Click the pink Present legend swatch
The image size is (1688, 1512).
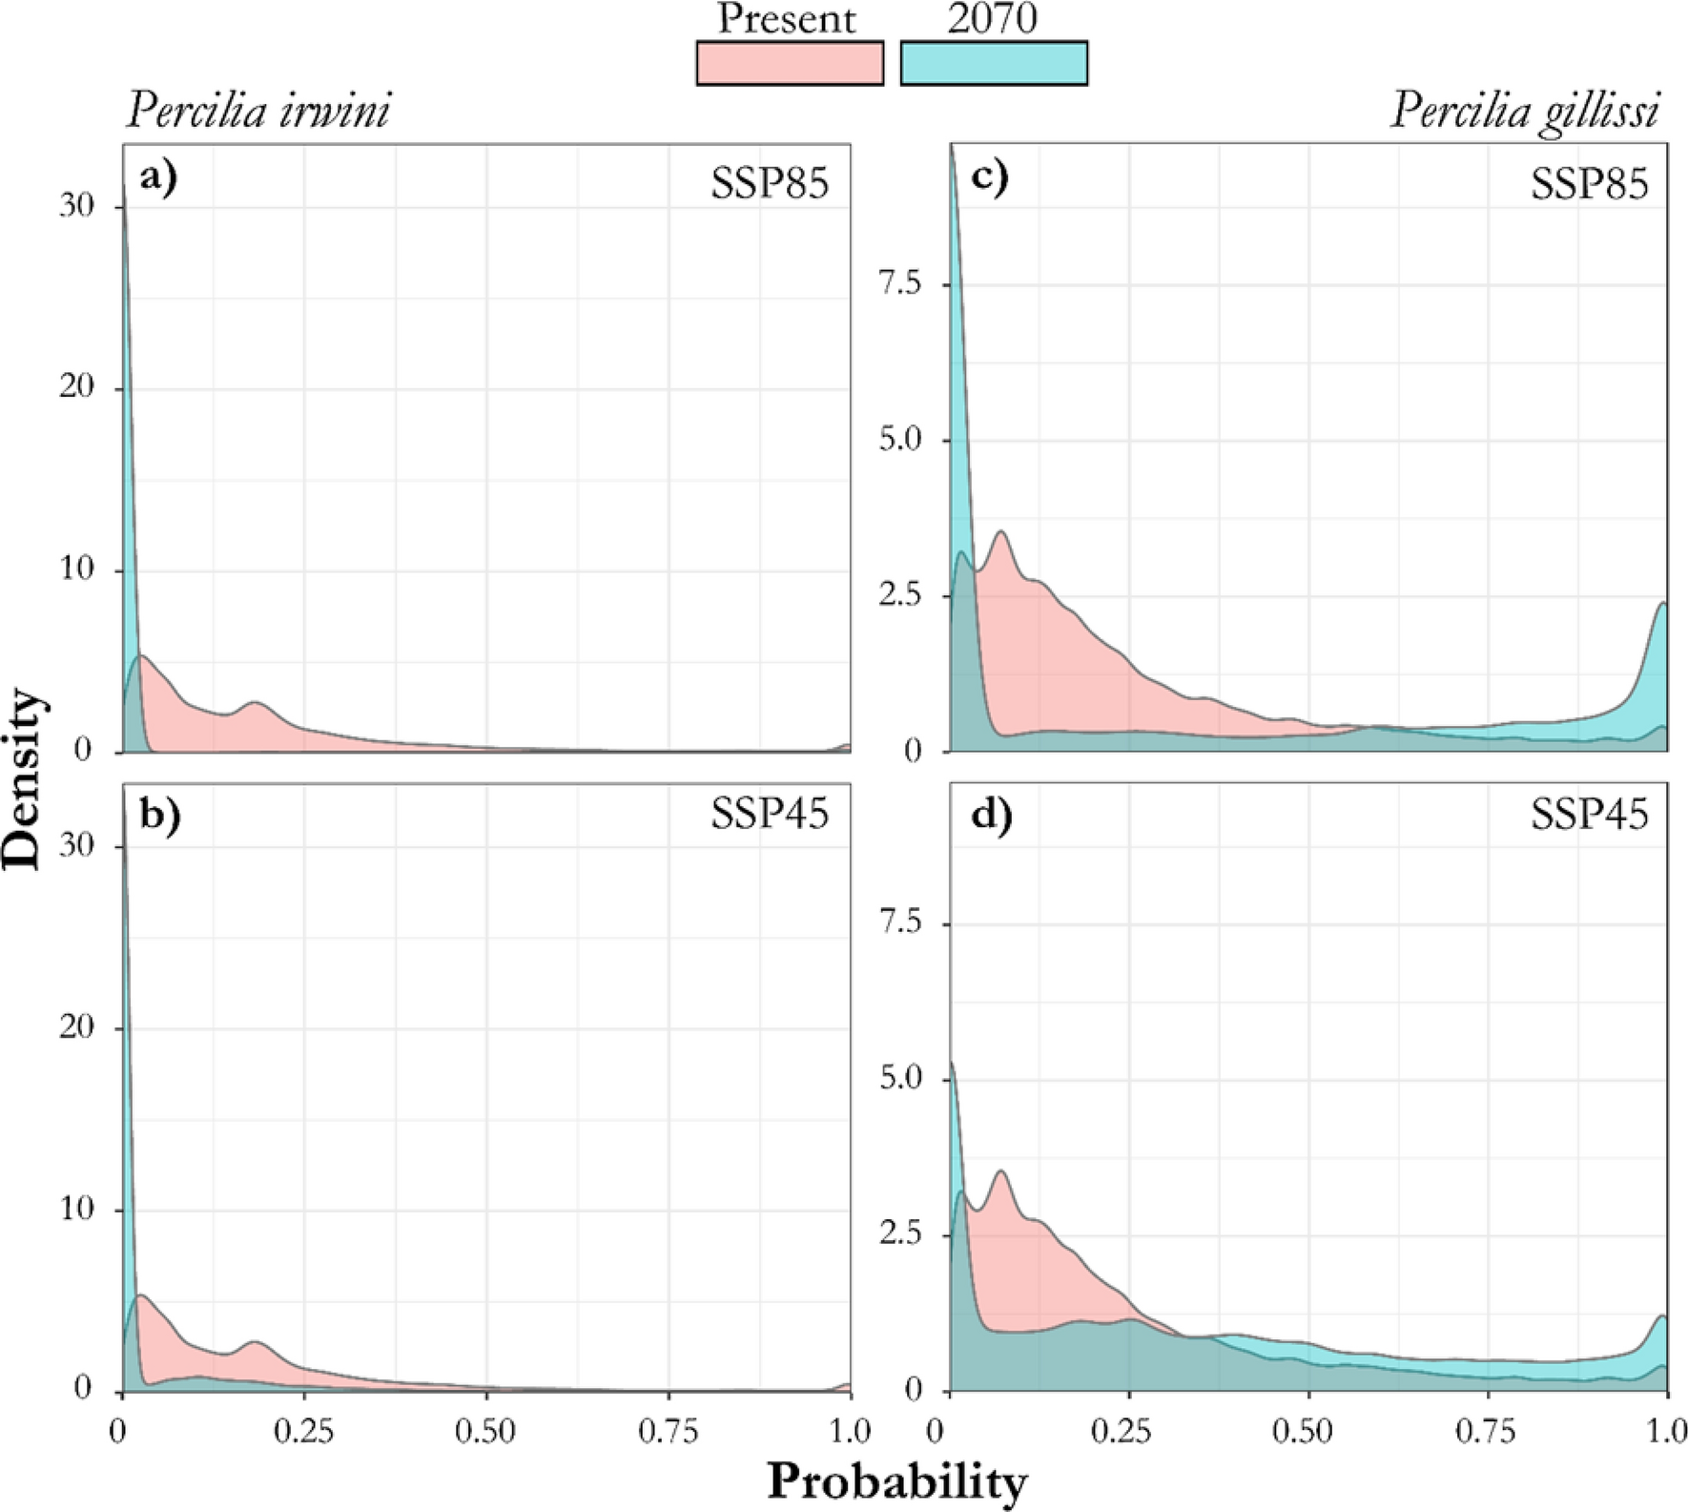tap(790, 63)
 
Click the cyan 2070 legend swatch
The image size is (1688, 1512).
tap(994, 63)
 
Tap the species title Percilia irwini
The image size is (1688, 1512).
tap(257, 113)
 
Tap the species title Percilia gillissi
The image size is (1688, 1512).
tap(1524, 113)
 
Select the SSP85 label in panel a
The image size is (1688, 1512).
tap(770, 182)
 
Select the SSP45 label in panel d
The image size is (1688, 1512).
tap(1589, 815)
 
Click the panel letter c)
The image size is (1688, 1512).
tap(988, 178)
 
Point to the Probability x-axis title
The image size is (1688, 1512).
tap(897, 1482)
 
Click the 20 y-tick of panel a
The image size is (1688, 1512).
tap(76, 388)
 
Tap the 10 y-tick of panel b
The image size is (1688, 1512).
tap(76, 1210)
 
